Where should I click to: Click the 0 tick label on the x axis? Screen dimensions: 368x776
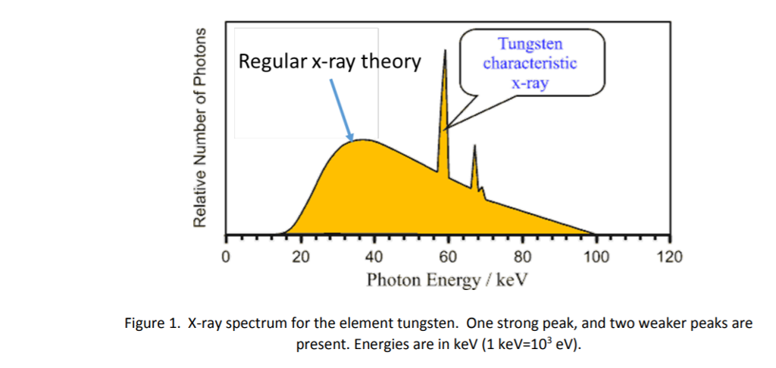coord(224,257)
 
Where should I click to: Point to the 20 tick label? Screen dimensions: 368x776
coord(299,257)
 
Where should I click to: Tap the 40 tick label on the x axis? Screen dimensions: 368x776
coord(374,257)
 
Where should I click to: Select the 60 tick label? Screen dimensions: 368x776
coord(448,257)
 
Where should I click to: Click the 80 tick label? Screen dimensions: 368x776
coord(522,257)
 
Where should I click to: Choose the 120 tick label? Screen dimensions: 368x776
coord(671,257)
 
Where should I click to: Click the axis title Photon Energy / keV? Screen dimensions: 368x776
coord(447,280)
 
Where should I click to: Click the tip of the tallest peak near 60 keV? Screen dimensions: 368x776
coord(445,51)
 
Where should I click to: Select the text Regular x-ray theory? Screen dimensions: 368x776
coord(330,61)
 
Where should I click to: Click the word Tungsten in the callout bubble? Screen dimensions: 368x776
coord(530,45)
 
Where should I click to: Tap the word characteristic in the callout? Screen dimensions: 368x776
coord(530,63)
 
